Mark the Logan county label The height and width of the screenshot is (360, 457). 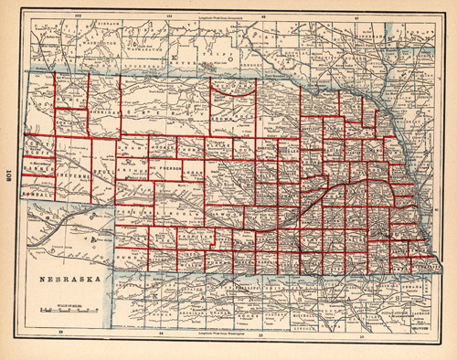click(x=195, y=169)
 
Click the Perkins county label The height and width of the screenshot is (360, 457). click(x=133, y=212)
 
